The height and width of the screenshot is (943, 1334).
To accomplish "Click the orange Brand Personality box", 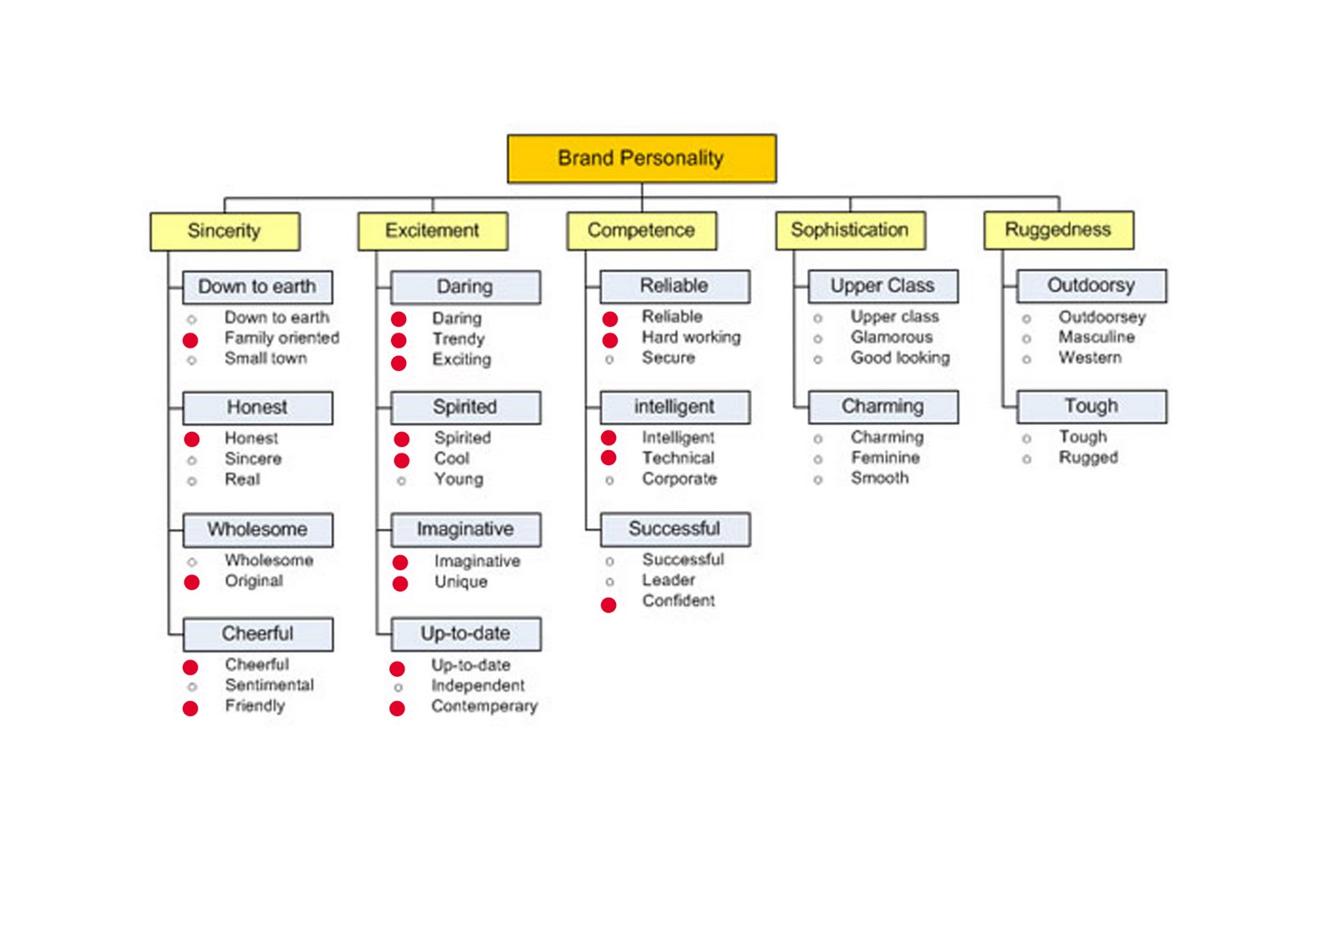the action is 641,158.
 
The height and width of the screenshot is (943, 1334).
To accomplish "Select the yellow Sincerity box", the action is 224,231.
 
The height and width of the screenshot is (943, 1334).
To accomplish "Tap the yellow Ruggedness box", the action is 1058,230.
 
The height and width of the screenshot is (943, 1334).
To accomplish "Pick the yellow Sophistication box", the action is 850,230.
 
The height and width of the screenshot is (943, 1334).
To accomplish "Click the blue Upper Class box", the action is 883,286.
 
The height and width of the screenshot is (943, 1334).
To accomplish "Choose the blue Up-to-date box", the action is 466,634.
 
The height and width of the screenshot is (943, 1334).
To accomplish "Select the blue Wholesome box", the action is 258,529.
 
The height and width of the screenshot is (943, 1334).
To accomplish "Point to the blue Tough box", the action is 1091,406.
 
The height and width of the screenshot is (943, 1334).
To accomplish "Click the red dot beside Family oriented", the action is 190,340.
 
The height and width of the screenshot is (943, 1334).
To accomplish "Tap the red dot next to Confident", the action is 608,605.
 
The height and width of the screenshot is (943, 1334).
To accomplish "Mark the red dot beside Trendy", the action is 399,340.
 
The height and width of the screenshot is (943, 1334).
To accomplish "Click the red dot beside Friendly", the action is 190,709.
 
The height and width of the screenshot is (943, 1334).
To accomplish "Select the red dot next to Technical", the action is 608,458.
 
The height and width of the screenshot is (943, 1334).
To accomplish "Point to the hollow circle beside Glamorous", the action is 818,339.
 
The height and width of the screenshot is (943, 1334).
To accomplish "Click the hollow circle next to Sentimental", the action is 192,687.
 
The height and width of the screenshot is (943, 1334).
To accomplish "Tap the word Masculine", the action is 1096,337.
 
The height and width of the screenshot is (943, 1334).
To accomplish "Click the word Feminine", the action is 885,458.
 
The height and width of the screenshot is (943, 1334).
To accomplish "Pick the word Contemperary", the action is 484,706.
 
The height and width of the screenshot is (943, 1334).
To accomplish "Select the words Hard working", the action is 691,338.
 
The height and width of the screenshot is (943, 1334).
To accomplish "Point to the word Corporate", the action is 679,479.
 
